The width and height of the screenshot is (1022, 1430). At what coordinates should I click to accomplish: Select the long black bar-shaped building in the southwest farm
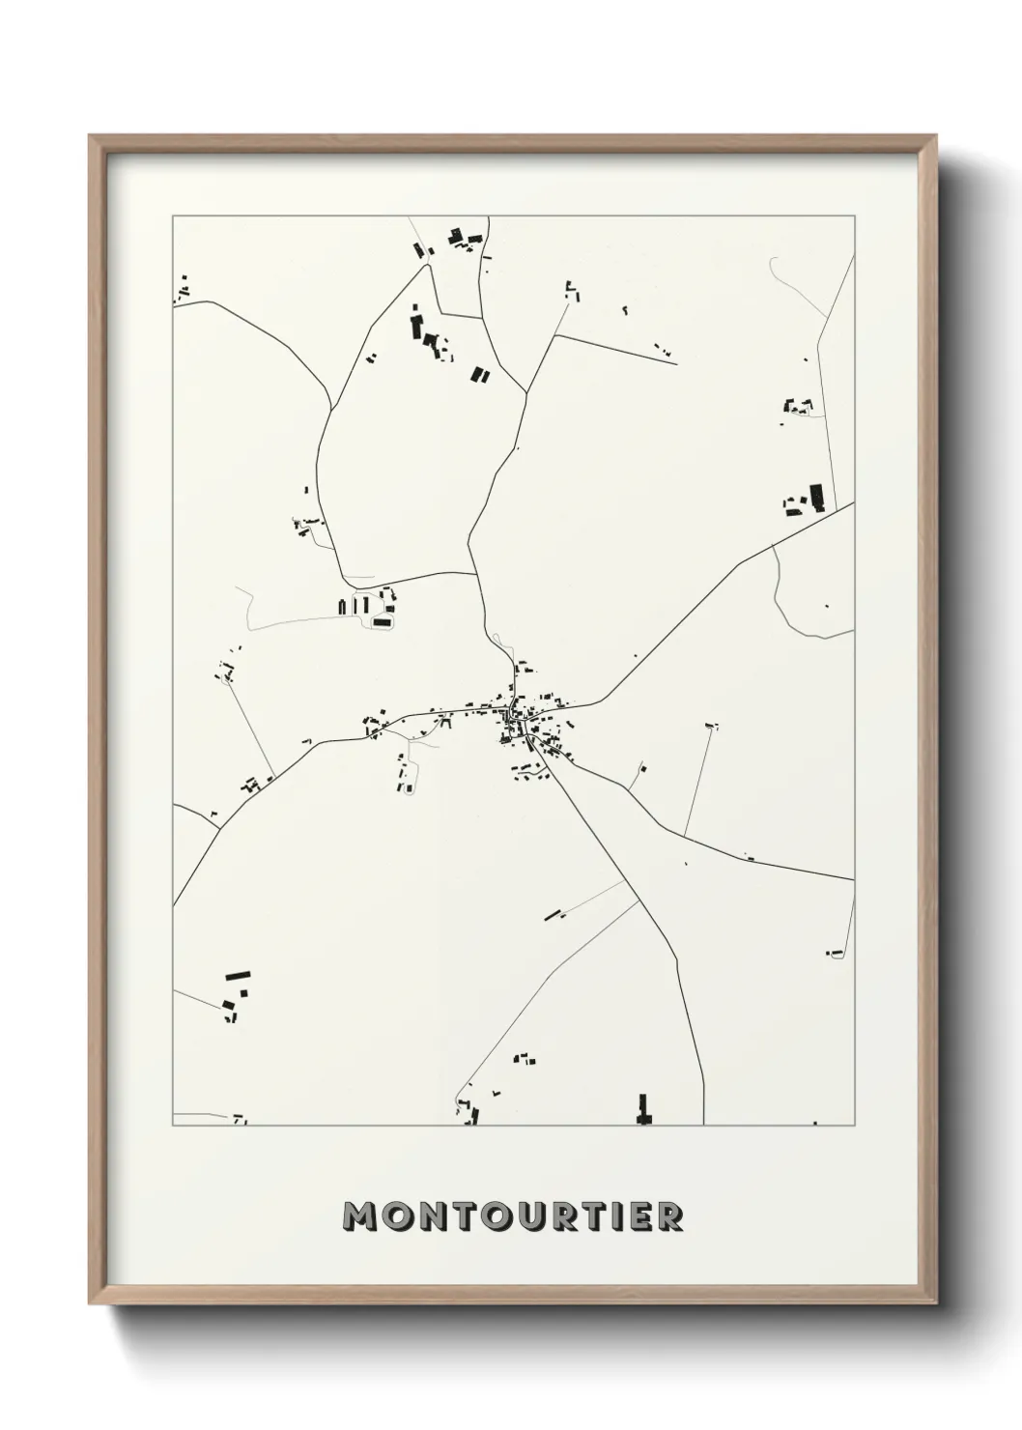tap(238, 976)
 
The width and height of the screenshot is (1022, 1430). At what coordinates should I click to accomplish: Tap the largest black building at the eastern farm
tap(816, 498)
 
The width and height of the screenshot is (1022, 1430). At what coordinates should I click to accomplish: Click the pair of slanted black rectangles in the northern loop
tap(479, 374)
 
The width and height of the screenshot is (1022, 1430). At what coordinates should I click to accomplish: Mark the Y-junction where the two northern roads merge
tap(526, 392)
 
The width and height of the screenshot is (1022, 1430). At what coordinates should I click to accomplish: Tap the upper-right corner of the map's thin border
tap(854, 216)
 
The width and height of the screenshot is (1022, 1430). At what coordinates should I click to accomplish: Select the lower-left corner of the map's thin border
tap(173, 1125)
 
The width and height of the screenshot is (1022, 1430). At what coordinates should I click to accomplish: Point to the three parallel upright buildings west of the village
tap(354, 606)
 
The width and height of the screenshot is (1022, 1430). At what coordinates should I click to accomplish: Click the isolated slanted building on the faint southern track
tap(553, 913)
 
